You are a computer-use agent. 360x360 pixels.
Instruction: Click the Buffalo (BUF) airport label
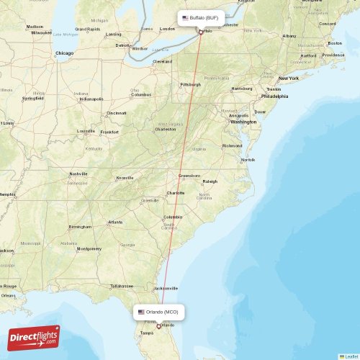coord(201,17)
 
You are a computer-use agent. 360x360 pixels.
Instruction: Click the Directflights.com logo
coord(34,337)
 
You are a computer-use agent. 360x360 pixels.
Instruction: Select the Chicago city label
coord(65,53)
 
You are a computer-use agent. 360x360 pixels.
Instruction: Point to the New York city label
coord(289,78)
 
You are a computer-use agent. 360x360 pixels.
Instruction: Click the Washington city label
coord(243,122)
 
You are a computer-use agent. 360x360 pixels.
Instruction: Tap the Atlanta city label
coord(115,222)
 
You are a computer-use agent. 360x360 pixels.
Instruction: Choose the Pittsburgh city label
coord(191,84)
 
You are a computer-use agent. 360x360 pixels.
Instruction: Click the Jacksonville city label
coord(165,288)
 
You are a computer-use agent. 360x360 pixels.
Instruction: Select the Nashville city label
coord(78,174)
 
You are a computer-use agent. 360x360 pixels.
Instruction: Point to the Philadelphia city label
coord(274,96)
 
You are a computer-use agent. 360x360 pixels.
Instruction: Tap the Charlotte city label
coord(176,193)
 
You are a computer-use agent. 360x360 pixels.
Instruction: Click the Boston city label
coord(335,42)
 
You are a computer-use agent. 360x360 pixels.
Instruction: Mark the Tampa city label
coord(147,333)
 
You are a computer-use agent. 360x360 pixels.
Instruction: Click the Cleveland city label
coord(163,62)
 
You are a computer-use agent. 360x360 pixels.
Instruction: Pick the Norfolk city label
coord(248,160)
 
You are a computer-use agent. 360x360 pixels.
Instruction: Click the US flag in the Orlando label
coord(141,312)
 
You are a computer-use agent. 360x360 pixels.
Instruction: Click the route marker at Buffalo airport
coord(200,32)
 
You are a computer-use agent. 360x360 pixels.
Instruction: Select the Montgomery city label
coord(89,248)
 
